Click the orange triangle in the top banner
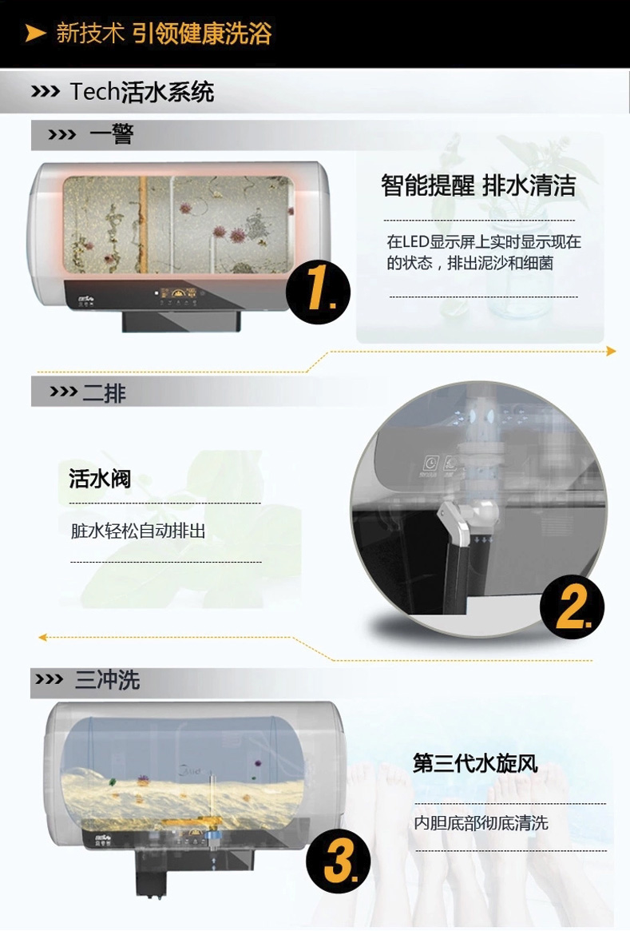coord(35,33)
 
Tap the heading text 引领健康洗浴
coord(202,34)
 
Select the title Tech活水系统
coord(142,92)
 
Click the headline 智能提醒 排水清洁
coord(477,186)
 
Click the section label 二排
coord(104,392)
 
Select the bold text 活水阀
coord(100,479)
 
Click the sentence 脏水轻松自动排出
coord(138,531)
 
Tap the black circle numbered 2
coord(572,607)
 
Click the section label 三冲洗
coord(107,680)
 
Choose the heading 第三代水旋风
coord(475,763)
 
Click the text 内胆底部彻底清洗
coord(481,822)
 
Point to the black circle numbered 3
coord(339,861)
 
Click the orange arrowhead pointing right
coord(611,351)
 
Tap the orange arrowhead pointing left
coord(43,637)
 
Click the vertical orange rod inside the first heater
coord(144,220)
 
